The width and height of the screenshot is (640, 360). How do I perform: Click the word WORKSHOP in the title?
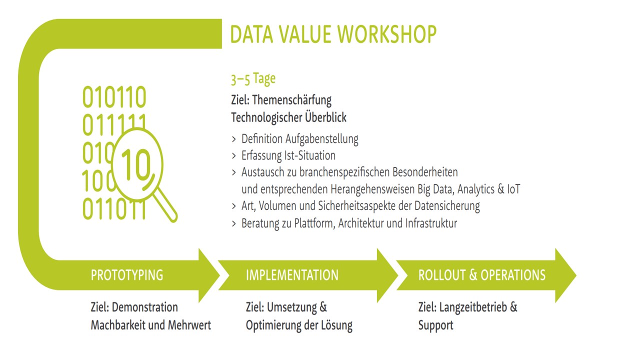(387, 34)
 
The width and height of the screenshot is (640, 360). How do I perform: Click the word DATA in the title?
(251, 34)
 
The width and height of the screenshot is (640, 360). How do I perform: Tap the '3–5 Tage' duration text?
(253, 79)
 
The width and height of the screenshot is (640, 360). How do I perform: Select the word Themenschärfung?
(291, 100)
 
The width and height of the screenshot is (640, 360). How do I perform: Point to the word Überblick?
(325, 117)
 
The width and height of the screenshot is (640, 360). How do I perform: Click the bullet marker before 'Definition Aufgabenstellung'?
(234, 139)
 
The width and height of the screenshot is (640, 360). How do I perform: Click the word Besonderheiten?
(425, 172)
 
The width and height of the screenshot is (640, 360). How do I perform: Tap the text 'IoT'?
(513, 189)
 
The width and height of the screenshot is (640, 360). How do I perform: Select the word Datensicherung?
(447, 206)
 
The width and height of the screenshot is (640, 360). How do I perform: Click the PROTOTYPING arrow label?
(127, 275)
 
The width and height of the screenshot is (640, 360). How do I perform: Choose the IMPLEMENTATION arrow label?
(292, 275)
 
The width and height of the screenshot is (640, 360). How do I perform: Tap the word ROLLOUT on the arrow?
(442, 275)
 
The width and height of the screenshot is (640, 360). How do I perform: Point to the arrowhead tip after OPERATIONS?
(576, 275)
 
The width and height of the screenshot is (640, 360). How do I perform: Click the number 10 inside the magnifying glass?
(135, 165)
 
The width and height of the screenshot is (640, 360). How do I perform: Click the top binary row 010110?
(114, 96)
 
